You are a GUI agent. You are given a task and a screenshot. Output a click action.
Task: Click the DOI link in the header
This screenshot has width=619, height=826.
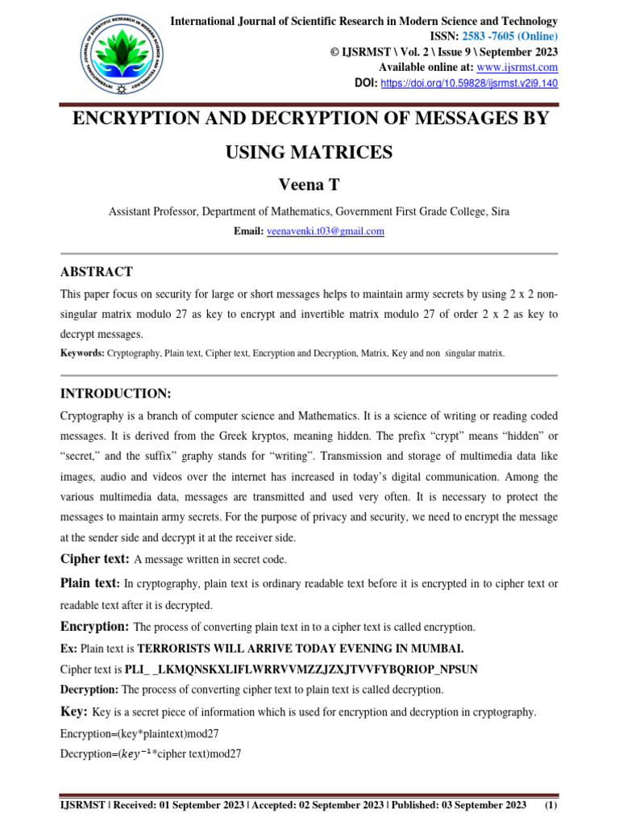467,83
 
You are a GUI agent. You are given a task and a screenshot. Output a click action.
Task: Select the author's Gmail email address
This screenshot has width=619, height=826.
326,232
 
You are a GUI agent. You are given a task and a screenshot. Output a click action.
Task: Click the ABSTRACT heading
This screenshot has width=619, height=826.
97,272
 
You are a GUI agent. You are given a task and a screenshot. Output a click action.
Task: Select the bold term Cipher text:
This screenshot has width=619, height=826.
95,558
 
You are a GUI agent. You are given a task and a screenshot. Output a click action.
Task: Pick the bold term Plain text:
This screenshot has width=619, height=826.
90,583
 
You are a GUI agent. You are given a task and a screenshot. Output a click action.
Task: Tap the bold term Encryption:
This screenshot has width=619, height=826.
94,626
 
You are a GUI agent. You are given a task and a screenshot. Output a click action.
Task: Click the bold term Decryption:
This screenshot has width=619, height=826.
89,690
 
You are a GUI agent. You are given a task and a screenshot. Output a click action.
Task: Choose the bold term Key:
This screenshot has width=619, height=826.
74,711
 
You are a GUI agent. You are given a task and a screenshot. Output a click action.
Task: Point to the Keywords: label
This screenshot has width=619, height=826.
82,353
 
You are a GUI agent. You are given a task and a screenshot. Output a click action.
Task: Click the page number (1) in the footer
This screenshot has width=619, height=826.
552,806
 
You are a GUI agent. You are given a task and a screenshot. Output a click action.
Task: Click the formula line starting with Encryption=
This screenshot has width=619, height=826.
139,733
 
